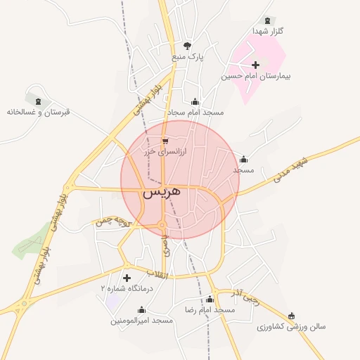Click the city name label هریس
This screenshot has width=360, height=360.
162,191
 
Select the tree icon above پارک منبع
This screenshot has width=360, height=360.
186,46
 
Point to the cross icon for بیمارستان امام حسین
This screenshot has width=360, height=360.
255,65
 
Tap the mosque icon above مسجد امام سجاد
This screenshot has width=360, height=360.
195,102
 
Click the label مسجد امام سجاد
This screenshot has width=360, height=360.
195,112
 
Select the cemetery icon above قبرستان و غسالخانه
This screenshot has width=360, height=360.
38,102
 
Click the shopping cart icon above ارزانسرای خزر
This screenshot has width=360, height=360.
165,141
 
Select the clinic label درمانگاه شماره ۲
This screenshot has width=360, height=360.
126,288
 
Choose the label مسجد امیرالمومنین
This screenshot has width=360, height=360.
141,321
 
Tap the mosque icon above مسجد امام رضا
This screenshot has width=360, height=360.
210,300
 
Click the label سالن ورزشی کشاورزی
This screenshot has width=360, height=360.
291,326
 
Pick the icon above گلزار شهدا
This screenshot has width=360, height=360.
267,21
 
